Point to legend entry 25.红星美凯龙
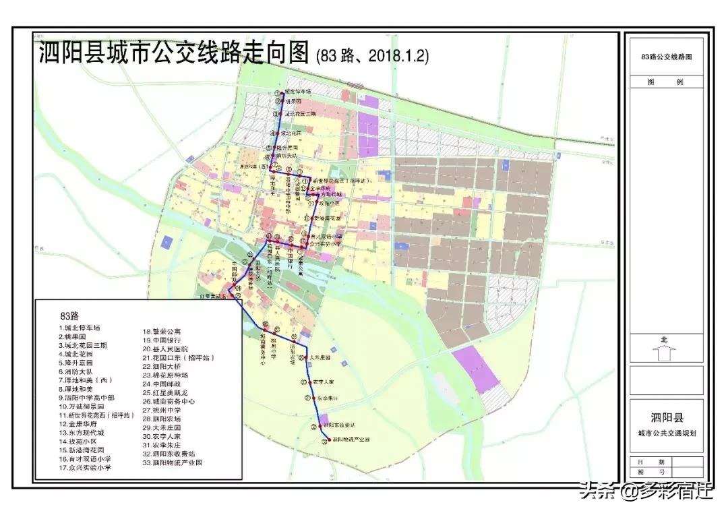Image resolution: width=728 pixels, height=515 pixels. pyautogui.click(x=168, y=392)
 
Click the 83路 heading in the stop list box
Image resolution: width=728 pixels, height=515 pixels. pyautogui.click(x=69, y=315)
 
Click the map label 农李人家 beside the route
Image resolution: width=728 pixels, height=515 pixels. pyautogui.click(x=323, y=382)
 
